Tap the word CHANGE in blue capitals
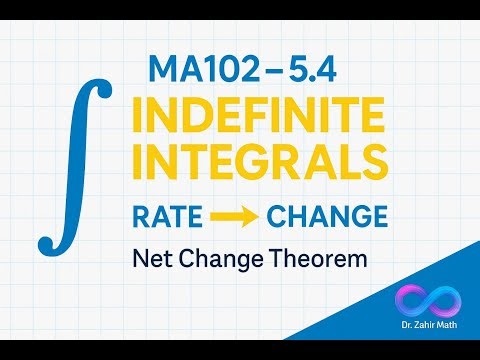point(317,215)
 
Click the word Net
point(152,259)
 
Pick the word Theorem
point(317,259)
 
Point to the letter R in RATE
point(140,215)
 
